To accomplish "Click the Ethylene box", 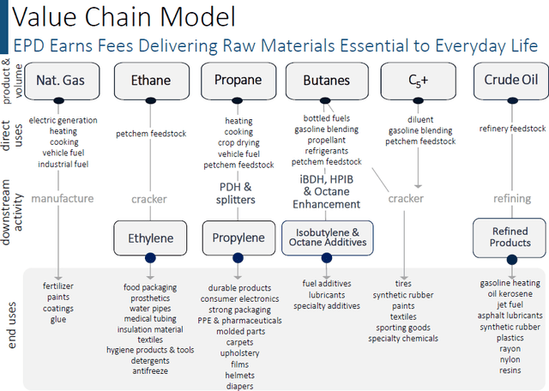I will [x=150, y=238].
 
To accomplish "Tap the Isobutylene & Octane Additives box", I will [x=325, y=238].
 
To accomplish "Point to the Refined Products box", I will [x=510, y=237].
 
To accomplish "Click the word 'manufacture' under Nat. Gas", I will [x=62, y=198].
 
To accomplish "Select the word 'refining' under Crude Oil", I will [x=512, y=198].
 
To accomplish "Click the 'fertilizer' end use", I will [x=58, y=286].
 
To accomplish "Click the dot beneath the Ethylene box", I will [x=150, y=258].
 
